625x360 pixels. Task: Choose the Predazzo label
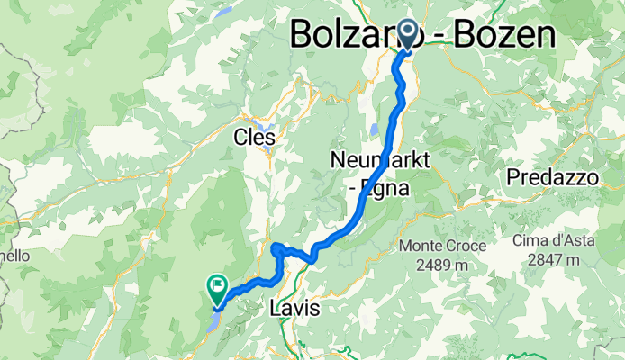coord(552,178)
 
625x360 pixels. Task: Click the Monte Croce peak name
coord(443,246)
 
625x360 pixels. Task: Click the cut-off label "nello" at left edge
coord(14,256)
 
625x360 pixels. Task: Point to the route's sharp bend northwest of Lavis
coord(276,245)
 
